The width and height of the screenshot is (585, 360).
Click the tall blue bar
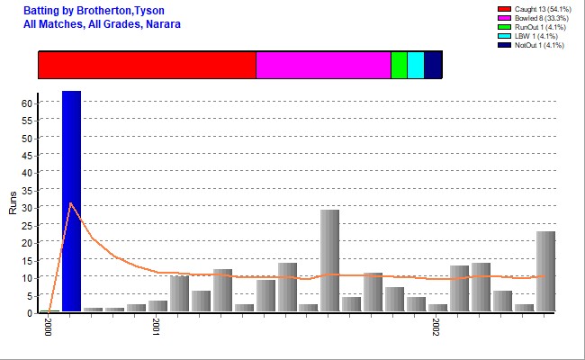click(x=71, y=202)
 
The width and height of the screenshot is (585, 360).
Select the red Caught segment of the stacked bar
click(x=147, y=66)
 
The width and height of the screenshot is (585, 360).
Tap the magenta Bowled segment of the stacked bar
click(x=323, y=66)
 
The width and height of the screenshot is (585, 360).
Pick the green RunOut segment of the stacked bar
click(x=399, y=66)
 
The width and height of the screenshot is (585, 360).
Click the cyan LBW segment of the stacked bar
click(x=416, y=66)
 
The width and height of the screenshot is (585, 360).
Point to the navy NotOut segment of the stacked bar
click(x=433, y=66)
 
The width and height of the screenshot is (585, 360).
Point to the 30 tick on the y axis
click(x=27, y=208)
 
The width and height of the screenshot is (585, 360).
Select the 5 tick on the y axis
click(x=30, y=295)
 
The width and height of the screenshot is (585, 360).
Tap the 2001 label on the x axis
click(x=156, y=327)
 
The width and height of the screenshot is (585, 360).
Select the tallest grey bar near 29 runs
click(x=329, y=261)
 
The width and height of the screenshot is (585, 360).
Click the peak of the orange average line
click(x=71, y=203)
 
